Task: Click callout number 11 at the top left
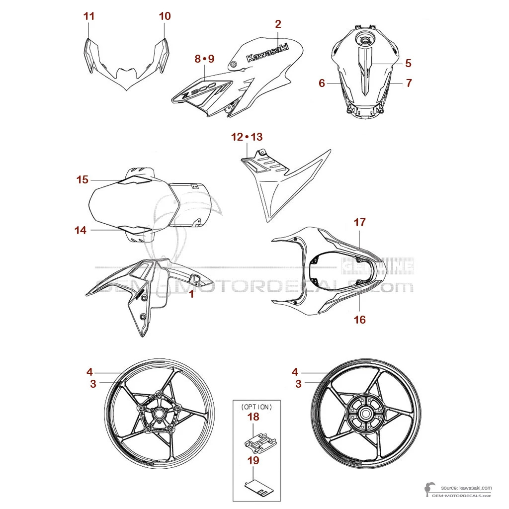pos(89,16)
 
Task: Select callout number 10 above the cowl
pos(165,16)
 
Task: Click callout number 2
pos(278,24)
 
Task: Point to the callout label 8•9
pos(204,59)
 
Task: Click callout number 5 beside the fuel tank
pos(408,63)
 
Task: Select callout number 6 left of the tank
pos(322,83)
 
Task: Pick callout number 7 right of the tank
pos(409,83)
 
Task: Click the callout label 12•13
pos(247,137)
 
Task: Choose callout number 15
pos(82,179)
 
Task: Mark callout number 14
pos(81,230)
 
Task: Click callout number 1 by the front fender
pos(190,294)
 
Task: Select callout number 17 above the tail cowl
pos(359,222)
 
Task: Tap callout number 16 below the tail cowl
pos(359,319)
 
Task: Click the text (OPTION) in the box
pos(256,407)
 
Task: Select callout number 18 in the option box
pos(254,417)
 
